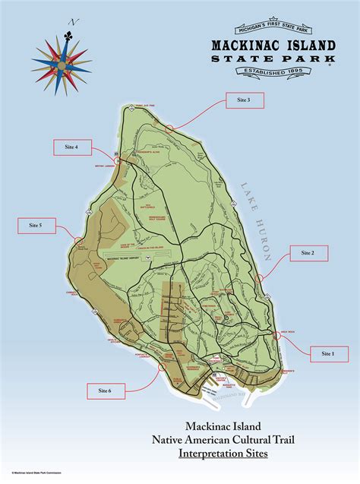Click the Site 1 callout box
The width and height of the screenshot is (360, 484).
pos(327,353)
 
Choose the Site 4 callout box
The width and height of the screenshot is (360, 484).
pos(71,147)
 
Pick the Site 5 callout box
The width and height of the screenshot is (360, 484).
pos(36,226)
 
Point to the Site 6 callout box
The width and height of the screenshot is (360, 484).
pos(105,391)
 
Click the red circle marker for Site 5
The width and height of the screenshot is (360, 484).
pos(78,242)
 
